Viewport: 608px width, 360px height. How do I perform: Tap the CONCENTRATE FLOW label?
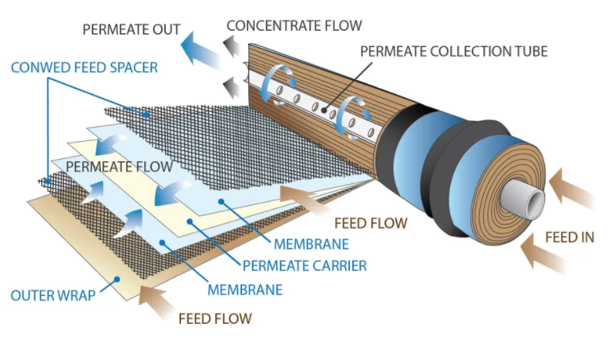coord(294,25)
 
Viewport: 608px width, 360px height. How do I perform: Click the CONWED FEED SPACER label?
coord(84,68)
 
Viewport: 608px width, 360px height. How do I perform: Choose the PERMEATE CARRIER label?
coord(304,266)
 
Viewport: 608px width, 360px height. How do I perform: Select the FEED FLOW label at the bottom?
coord(215,317)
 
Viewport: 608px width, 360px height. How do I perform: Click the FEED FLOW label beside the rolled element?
coord(371,224)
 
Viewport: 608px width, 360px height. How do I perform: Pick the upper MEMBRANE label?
coord(311,245)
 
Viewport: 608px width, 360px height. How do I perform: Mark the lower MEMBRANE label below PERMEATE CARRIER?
coord(245,290)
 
